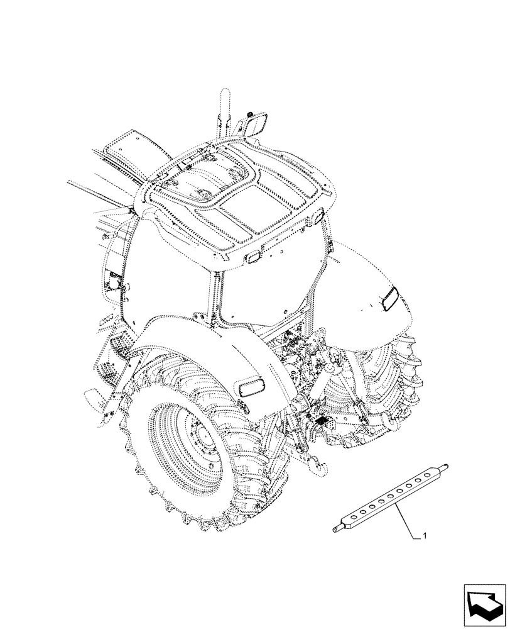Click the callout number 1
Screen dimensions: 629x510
(426, 536)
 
